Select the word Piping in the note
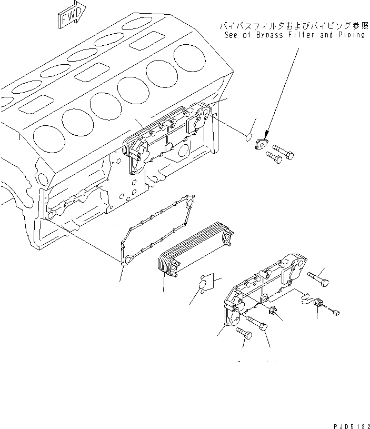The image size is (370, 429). click(351, 35)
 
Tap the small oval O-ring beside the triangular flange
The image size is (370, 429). click(249, 137)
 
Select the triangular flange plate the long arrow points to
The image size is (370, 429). click(261, 144)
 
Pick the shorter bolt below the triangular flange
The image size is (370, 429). click(272, 156)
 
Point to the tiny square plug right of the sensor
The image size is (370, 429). click(336, 314)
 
